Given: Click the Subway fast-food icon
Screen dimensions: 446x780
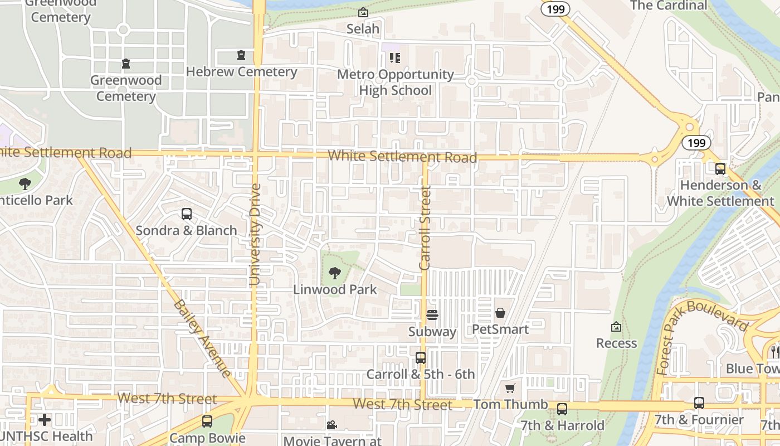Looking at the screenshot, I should pyautogui.click(x=432, y=315).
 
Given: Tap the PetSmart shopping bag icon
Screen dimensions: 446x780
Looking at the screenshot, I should pyautogui.click(x=500, y=313).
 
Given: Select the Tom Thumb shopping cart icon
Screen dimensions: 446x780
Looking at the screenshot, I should pyautogui.click(x=510, y=388).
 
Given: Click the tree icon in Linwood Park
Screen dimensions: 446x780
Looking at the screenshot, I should pyautogui.click(x=335, y=273).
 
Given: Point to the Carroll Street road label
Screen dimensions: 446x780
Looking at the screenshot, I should pyautogui.click(x=426, y=229).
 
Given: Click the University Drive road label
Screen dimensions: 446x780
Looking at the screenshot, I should pyautogui.click(x=255, y=234).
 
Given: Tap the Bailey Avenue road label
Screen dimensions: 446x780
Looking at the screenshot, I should pyautogui.click(x=202, y=338).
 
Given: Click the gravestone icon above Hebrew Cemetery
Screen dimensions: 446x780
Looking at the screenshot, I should pyautogui.click(x=241, y=55).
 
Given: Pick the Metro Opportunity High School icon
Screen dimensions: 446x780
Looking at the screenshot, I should pyautogui.click(x=395, y=57).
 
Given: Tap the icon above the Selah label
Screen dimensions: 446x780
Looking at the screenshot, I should pyautogui.click(x=363, y=12).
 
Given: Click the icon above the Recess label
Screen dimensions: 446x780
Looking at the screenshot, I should pyautogui.click(x=616, y=327).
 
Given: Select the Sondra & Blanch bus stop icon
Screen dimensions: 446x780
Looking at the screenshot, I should pyautogui.click(x=187, y=214).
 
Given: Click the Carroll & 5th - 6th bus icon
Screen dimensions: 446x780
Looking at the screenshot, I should pyautogui.click(x=421, y=358).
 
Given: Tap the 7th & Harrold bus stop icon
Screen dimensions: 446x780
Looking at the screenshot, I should pyautogui.click(x=562, y=409).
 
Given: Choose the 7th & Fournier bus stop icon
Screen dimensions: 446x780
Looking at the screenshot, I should pyautogui.click(x=699, y=403).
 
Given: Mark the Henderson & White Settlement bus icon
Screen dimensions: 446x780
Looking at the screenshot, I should pyautogui.click(x=720, y=169).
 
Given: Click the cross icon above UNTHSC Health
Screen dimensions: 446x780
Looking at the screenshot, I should pyautogui.click(x=45, y=419).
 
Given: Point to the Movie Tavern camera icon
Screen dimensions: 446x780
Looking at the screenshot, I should pyautogui.click(x=332, y=425).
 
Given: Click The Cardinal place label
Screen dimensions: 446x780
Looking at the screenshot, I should pyautogui.click(x=669, y=6).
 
